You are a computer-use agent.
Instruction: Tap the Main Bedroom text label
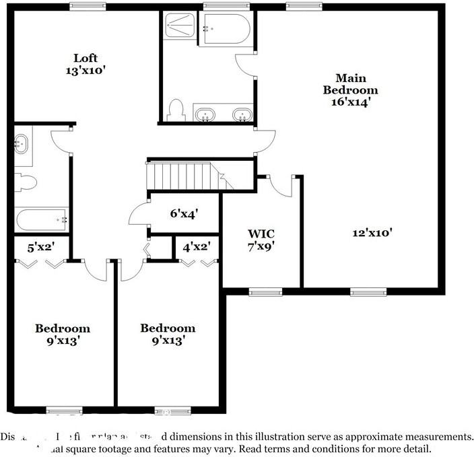coord(350,90)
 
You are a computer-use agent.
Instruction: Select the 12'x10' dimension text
coord(372,233)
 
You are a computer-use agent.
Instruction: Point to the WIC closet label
coord(261,240)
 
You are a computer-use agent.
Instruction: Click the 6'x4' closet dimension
coord(183,213)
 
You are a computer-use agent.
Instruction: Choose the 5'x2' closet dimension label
coord(40,247)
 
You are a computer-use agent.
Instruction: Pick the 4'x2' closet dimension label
coord(197,247)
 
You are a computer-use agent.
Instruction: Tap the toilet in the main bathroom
coord(176,110)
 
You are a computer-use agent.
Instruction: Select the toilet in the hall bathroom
coord(26,181)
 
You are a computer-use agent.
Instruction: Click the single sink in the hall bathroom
coord(21,143)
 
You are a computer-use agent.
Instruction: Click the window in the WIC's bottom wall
coord(265,292)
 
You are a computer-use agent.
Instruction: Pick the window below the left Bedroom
coord(64,410)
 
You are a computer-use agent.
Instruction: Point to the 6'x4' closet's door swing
coord(139,214)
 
